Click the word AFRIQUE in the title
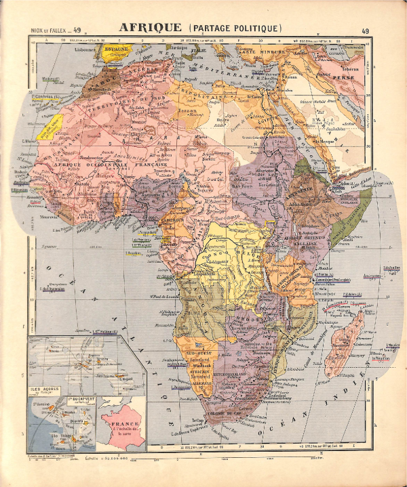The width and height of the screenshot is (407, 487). click(x=150, y=28)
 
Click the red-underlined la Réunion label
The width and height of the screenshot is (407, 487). click(x=381, y=359)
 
